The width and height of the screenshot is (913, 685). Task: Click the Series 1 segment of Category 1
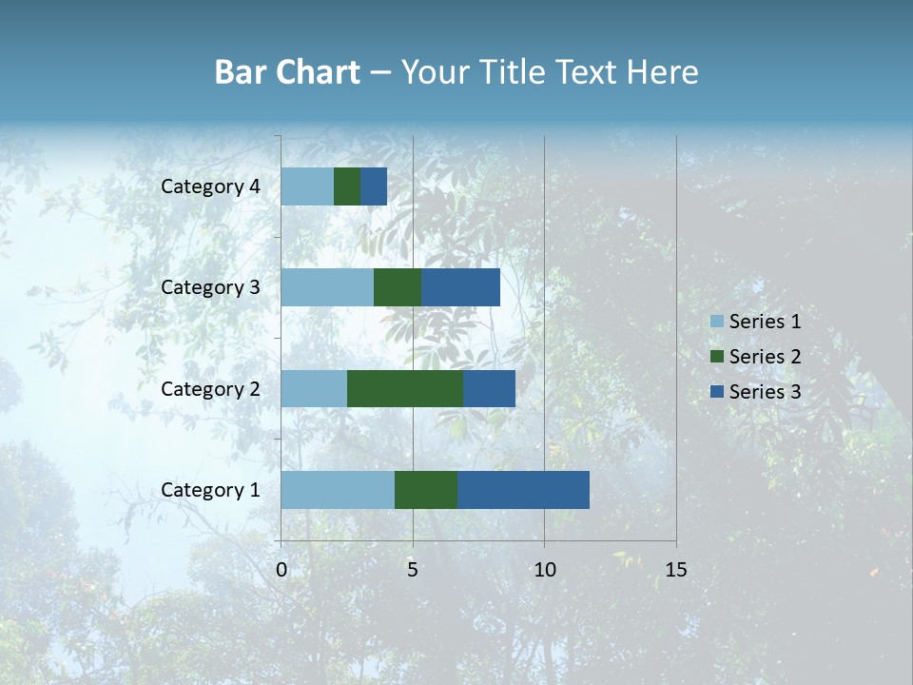click(x=338, y=490)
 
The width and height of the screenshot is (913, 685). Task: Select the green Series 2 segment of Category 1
click(x=426, y=490)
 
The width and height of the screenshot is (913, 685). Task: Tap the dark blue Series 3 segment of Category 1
click(x=523, y=490)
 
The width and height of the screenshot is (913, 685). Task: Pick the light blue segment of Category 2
click(x=314, y=388)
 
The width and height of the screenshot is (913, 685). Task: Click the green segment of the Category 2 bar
click(x=405, y=388)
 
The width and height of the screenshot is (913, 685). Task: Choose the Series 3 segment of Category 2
click(x=489, y=388)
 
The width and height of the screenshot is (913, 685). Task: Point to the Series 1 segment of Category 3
click(x=327, y=287)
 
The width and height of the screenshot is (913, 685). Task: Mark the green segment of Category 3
click(x=398, y=287)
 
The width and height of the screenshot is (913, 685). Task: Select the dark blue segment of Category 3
click(x=460, y=287)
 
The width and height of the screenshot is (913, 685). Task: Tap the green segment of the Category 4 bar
click(x=347, y=186)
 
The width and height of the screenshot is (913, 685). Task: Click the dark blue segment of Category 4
click(x=374, y=186)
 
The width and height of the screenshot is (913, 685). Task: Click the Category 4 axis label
click(x=210, y=186)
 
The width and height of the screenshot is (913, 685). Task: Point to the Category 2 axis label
click(x=210, y=388)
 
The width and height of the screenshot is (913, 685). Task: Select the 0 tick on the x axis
click(x=282, y=570)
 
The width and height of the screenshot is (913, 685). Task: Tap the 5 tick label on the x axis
click(x=413, y=570)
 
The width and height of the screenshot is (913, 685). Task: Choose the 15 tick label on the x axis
click(x=675, y=570)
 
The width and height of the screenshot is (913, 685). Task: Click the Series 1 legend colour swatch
click(x=716, y=322)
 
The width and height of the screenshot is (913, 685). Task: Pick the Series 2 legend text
click(x=765, y=357)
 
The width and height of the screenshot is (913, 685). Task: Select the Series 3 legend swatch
click(x=716, y=392)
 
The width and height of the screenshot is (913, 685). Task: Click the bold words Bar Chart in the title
click(x=287, y=72)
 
